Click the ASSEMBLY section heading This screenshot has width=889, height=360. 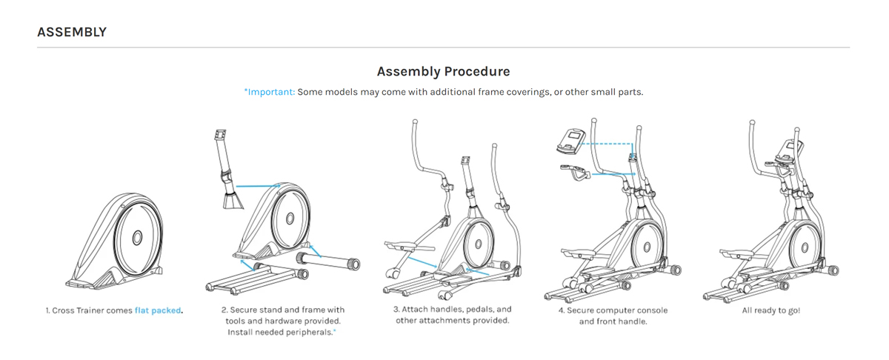click(72, 32)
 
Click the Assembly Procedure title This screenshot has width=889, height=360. click(443, 72)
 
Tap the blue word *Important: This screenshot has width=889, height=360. click(270, 92)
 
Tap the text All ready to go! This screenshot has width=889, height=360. click(770, 310)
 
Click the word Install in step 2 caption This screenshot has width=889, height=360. click(241, 333)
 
